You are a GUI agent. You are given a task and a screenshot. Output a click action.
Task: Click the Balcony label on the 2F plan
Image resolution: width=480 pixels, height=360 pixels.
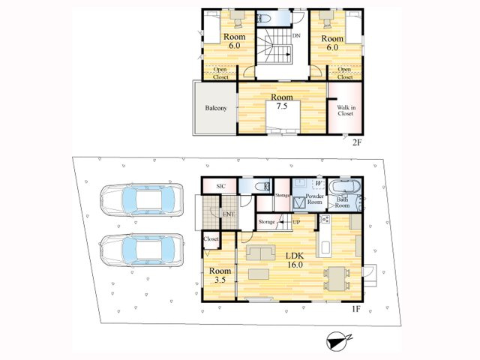click(x=216, y=108)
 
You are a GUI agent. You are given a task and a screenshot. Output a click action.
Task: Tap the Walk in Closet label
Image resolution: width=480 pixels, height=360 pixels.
click(x=346, y=110)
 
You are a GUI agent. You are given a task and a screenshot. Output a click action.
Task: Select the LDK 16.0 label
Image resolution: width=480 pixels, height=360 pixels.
click(x=295, y=260)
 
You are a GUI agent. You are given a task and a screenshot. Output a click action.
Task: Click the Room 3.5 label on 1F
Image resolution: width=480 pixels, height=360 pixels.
click(x=220, y=275)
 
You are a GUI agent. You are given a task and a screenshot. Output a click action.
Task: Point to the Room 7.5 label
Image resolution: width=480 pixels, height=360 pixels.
click(x=282, y=102)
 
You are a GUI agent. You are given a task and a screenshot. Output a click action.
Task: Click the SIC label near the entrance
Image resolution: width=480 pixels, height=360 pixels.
click(x=220, y=186)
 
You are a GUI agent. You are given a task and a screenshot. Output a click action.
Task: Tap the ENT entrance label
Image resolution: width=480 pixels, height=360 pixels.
click(x=228, y=214)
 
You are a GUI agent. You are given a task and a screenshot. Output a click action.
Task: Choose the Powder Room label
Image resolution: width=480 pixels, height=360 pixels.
click(x=315, y=199)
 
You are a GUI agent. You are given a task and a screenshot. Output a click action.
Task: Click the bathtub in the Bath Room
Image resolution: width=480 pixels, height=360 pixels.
click(x=345, y=187)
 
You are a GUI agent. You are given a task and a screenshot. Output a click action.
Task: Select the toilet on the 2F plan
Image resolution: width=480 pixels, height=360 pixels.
click(x=264, y=19)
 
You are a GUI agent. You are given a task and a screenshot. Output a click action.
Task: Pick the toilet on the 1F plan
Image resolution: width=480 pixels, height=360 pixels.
click(x=263, y=187)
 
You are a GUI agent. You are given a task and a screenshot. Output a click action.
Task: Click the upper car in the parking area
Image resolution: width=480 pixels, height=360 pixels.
click(x=142, y=200)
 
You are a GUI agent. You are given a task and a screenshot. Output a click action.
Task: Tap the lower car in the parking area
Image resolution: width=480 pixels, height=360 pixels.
click(x=142, y=250)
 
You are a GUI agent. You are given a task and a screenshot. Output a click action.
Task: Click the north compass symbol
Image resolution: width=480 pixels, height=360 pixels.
click(x=337, y=342)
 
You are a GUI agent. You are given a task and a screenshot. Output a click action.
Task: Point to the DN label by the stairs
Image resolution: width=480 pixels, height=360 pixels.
click(x=296, y=36)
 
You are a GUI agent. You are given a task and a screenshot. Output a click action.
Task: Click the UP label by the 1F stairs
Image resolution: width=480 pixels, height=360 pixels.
click(x=296, y=222)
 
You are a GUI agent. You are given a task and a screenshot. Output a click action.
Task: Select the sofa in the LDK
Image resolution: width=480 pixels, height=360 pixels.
click(x=260, y=253)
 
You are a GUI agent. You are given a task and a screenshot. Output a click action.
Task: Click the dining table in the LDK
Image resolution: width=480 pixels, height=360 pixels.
click(x=337, y=278)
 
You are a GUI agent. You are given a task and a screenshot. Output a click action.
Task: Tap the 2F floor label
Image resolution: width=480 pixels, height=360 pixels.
click(x=356, y=142)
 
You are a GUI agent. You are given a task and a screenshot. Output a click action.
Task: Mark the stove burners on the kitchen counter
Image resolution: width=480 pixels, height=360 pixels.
click(x=325, y=219)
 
